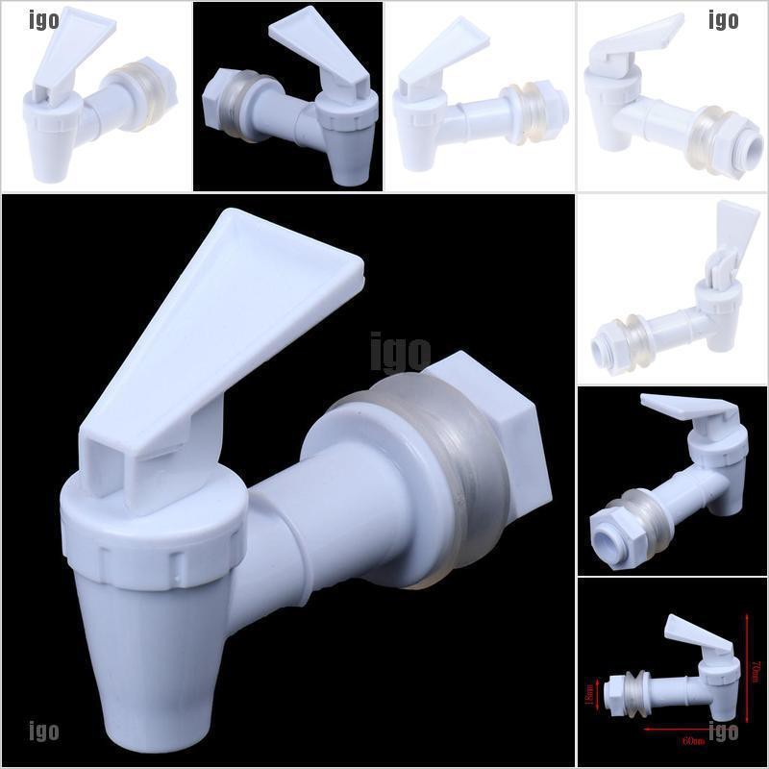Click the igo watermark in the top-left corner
pos(43,19)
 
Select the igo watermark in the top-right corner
pos(723,19)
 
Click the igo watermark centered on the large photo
pos(400,352)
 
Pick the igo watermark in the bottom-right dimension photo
pos(723,732)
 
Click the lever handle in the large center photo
pos(221,317)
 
